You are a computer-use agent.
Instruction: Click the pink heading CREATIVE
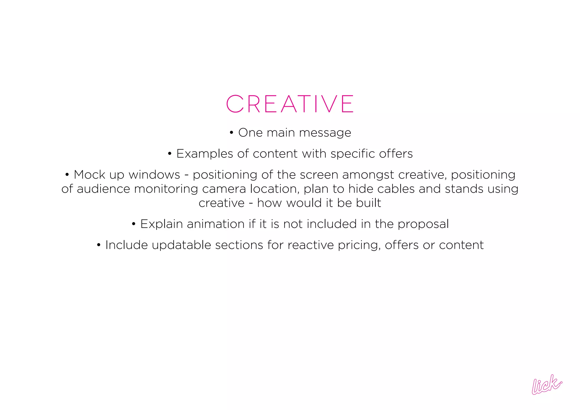pos(290,104)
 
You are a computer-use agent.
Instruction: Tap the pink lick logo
pos(547,385)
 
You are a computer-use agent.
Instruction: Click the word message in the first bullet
pos(325,133)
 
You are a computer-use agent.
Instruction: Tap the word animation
pos(216,224)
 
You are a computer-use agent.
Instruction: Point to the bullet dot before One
pos(231,133)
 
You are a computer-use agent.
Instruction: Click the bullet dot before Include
pos(99,245)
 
